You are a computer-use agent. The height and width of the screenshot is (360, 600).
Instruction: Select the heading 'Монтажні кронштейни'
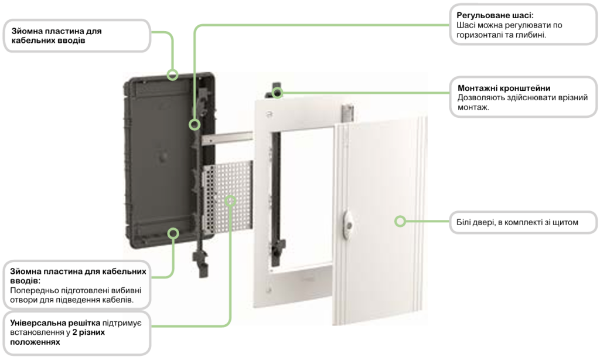point(503,88)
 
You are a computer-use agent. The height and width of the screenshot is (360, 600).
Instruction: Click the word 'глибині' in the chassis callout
point(529,35)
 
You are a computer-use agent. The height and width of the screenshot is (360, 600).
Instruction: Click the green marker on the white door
point(400,221)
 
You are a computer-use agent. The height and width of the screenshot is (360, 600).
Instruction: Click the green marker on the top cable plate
point(172,74)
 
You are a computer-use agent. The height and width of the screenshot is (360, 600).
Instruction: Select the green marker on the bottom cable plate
point(173,233)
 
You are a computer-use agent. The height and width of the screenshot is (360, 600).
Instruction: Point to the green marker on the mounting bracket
point(278,92)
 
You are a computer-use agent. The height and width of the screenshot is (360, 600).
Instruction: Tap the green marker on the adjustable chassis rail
point(194,124)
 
